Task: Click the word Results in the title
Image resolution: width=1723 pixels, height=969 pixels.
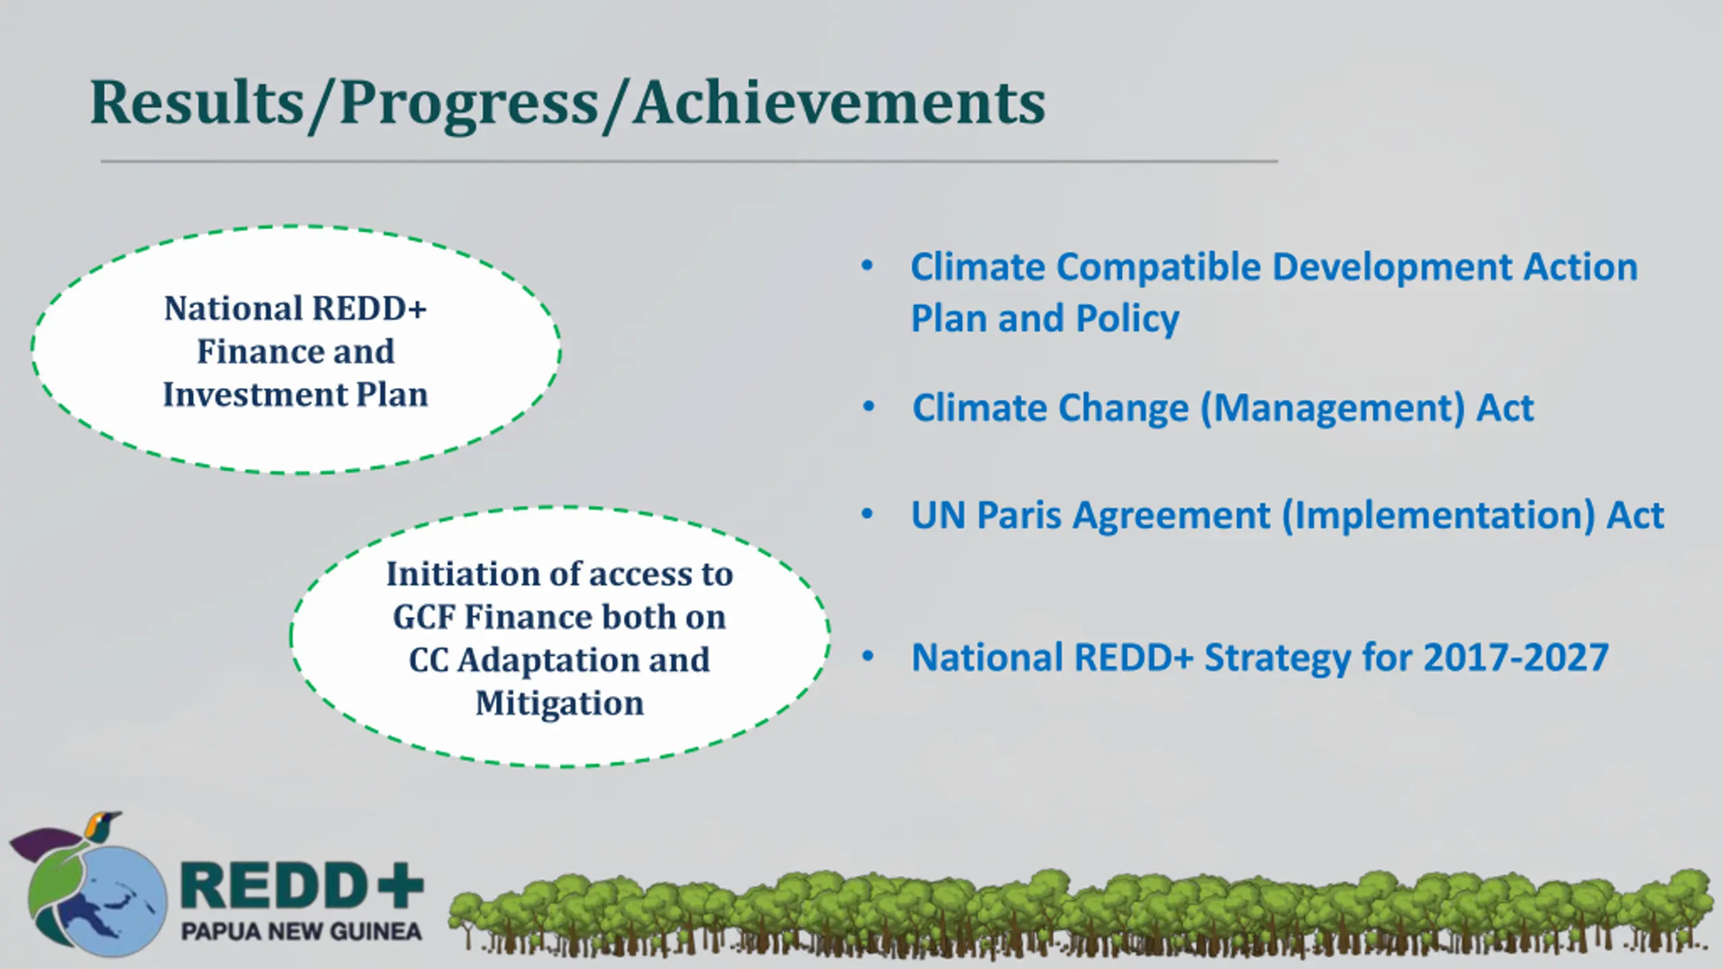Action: tap(197, 102)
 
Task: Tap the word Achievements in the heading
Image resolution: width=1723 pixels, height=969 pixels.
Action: tap(839, 102)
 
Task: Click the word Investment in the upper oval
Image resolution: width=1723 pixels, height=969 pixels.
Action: tap(253, 394)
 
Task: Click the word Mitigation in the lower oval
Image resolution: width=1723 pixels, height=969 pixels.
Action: tap(560, 704)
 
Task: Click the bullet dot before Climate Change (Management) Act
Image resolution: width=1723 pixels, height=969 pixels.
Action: tap(868, 406)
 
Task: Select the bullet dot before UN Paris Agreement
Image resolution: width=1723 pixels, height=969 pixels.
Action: tap(868, 514)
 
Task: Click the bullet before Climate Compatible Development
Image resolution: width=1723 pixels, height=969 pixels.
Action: tap(867, 265)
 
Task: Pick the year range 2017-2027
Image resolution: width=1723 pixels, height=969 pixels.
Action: tap(1516, 657)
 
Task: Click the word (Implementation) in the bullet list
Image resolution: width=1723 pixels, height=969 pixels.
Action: tap(1438, 516)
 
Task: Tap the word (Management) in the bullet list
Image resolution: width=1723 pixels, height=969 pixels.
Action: tap(1333, 408)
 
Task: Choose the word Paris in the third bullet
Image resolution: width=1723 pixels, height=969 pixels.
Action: tap(1019, 515)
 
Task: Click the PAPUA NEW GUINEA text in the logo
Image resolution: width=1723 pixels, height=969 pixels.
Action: tap(302, 932)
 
